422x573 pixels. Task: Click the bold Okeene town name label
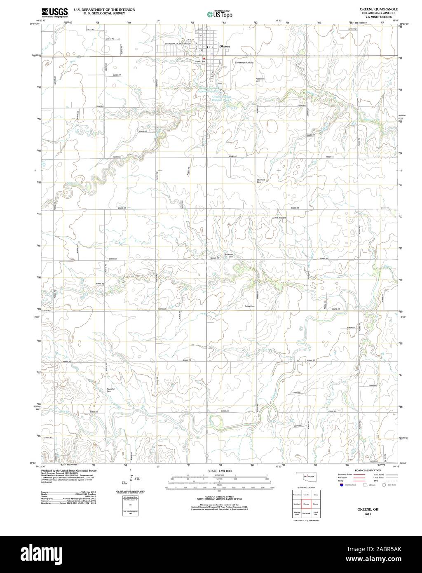(225, 47)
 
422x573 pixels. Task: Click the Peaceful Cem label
(110, 390)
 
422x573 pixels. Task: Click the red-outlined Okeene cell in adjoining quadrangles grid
(306, 504)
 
